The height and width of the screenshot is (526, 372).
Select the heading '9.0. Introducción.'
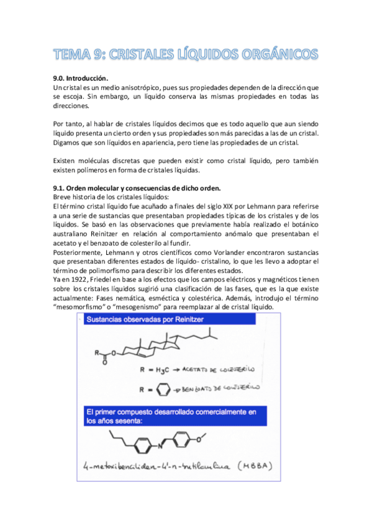pyautogui.click(x=81, y=78)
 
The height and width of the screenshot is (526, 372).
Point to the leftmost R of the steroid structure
pyautogui.click(x=98, y=352)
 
